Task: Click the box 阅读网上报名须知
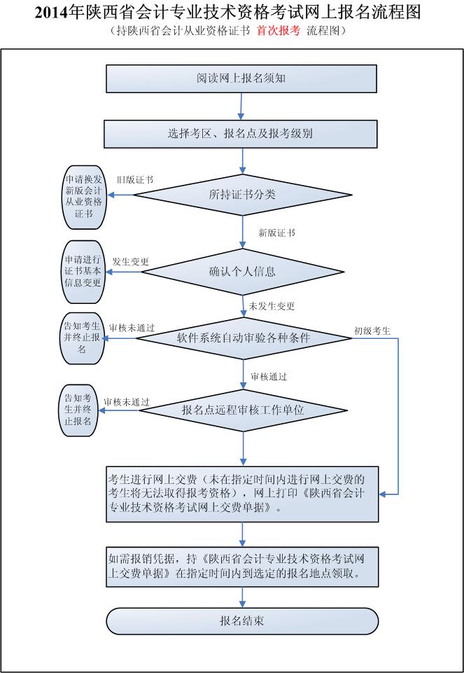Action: (x=241, y=78)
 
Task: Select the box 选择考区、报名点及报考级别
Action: (x=241, y=134)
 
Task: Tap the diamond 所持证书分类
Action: (x=242, y=195)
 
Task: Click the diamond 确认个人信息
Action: (x=242, y=272)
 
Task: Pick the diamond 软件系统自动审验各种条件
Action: (x=243, y=338)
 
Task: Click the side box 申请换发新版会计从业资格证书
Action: (x=83, y=196)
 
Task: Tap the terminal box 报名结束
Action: (x=241, y=620)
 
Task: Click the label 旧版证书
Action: (x=135, y=180)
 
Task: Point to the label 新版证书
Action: (x=276, y=233)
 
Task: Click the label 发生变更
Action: (x=130, y=261)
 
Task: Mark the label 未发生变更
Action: (x=272, y=306)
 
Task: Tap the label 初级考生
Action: (x=372, y=330)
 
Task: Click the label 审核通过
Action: (x=269, y=376)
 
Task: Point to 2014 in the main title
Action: (x=51, y=12)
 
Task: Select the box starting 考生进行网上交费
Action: (x=242, y=494)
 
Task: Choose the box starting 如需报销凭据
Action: (x=242, y=566)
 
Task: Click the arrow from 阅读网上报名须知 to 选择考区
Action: (x=241, y=106)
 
